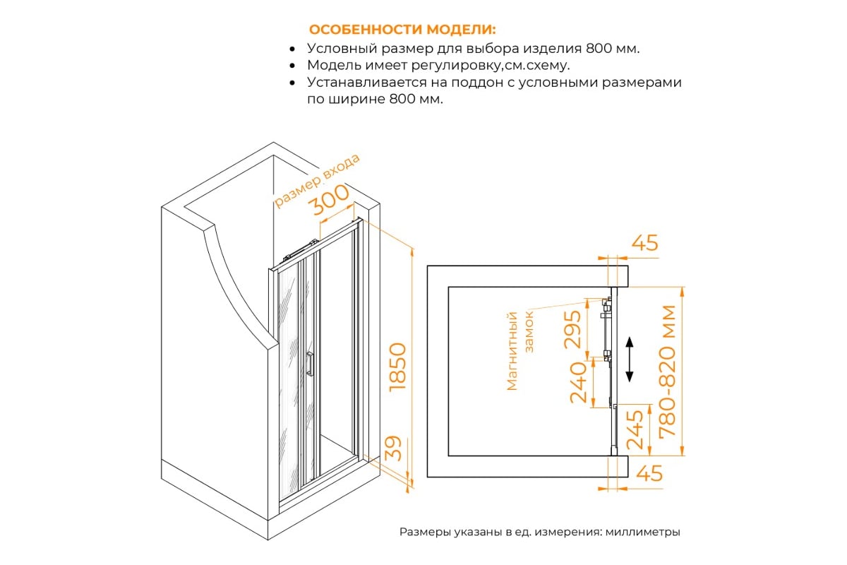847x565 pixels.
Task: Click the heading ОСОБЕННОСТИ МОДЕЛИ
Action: [402, 30]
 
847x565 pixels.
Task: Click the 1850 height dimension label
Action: [397, 367]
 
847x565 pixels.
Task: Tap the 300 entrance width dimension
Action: [328, 199]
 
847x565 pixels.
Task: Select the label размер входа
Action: [316, 180]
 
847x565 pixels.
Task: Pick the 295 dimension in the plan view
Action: [572, 329]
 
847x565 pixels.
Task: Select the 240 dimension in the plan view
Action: [579, 382]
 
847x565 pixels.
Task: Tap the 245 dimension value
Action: [635, 430]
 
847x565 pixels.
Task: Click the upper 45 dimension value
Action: [645, 242]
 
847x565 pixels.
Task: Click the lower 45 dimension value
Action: [649, 473]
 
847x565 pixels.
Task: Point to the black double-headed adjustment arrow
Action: [629, 359]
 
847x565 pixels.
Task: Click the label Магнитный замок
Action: [519, 350]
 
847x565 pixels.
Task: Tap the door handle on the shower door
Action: [310, 364]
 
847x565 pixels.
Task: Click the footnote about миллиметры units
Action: [539, 532]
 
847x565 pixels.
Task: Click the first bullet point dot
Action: [292, 49]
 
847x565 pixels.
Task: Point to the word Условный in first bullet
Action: [342, 49]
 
